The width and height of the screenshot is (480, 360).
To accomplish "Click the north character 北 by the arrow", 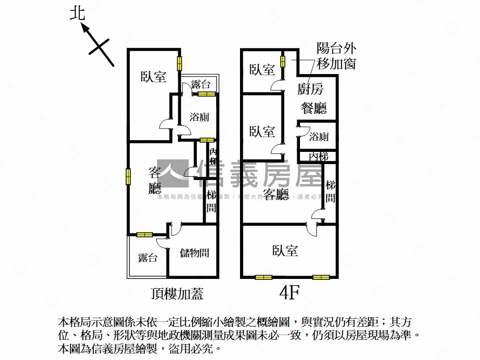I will (78, 13).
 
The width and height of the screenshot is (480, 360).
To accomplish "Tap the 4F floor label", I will (289, 292).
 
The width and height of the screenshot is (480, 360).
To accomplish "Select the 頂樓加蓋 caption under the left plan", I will (177, 294).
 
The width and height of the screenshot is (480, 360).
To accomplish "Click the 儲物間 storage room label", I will (194, 253).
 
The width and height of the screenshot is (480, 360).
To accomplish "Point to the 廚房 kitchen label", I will (310, 89).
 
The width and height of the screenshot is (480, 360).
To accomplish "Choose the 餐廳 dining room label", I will (313, 108).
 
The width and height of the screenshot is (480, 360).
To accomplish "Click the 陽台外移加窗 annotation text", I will (336, 55).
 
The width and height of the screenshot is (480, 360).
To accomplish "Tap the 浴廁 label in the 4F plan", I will (319, 137).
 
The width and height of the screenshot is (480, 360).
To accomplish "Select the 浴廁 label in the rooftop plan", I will (199, 117).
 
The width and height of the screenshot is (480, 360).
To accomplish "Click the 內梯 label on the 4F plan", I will (319, 156).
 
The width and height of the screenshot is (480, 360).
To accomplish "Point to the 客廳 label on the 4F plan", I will (276, 194).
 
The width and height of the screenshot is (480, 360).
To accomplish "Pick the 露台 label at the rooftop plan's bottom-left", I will (148, 257).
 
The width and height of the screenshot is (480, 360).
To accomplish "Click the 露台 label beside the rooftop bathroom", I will (201, 85).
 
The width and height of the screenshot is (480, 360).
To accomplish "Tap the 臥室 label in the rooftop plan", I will (154, 76).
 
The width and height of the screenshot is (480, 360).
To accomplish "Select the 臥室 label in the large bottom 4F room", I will (285, 251).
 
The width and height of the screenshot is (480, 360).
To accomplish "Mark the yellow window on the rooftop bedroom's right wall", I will (179, 63).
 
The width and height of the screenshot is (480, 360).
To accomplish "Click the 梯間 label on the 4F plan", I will (330, 191).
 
